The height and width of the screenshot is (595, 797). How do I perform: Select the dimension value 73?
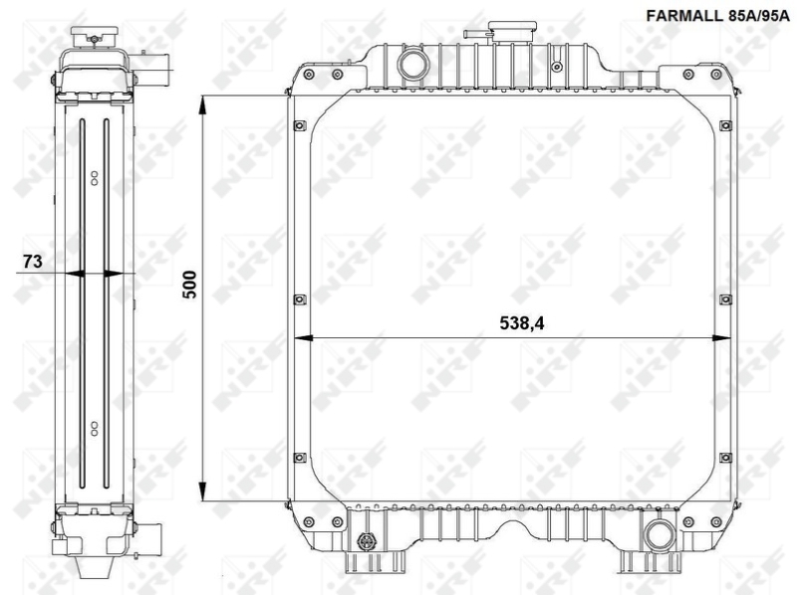(31, 262)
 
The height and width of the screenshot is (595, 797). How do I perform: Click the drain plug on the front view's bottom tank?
(367, 543)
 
